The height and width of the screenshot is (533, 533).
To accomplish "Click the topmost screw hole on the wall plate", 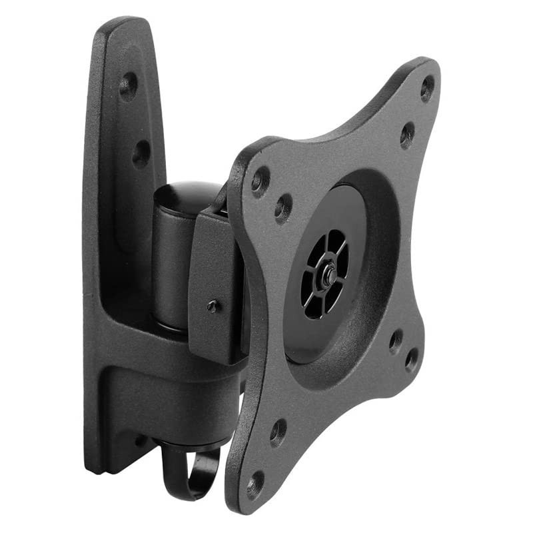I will pyautogui.click(x=128, y=86).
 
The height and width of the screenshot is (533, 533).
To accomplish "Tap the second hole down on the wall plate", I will pyautogui.click(x=141, y=154).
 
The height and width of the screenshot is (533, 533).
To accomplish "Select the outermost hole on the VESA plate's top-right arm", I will pyautogui.click(x=427, y=88).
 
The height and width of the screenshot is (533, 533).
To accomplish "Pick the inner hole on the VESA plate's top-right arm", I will pyautogui.click(x=407, y=135).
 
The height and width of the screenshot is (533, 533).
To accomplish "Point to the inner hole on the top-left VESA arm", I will pyautogui.click(x=283, y=208).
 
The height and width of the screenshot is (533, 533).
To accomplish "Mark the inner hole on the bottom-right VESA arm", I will pyautogui.click(x=396, y=340).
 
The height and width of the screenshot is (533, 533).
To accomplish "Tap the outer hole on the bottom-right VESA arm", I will pyautogui.click(x=412, y=360).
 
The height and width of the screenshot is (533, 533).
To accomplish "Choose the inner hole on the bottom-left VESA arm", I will pyautogui.click(x=278, y=432).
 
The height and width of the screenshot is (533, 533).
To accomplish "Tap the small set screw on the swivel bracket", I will pyautogui.click(x=213, y=306).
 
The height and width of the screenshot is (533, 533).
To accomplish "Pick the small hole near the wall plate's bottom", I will pyautogui.click(x=141, y=440).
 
